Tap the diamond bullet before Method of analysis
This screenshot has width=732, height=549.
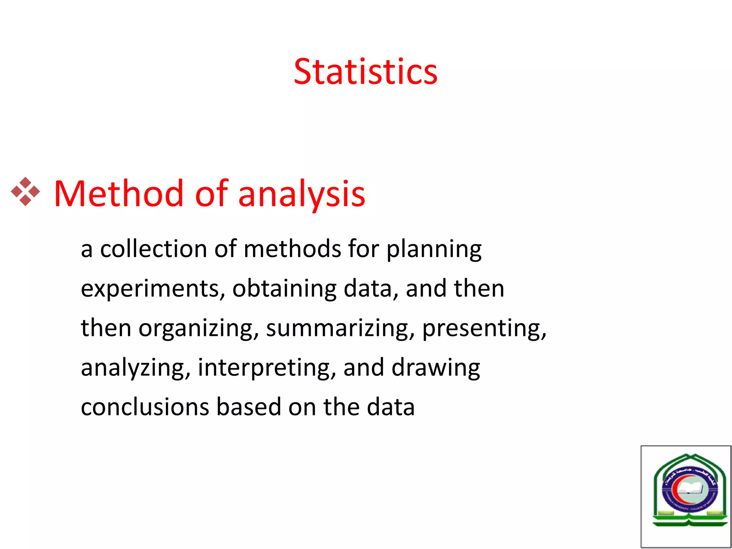[x=25, y=192]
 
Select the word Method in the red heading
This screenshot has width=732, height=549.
[x=118, y=194]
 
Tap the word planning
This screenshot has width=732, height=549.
[x=434, y=250]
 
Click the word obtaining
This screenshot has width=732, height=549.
[x=284, y=289]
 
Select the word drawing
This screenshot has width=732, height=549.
[x=436, y=368]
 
